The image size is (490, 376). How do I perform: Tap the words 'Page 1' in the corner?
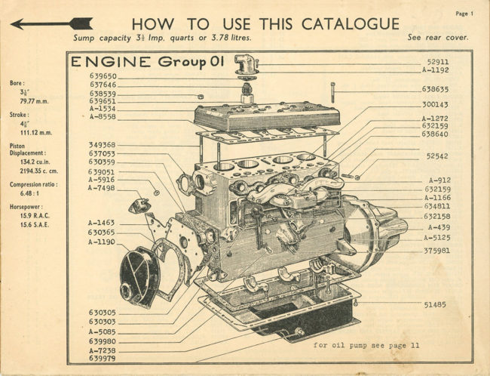click(x=465, y=14)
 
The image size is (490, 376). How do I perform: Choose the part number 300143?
click(x=437, y=105)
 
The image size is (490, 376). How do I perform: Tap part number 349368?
click(x=103, y=145)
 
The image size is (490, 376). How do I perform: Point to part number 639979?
click(x=103, y=359)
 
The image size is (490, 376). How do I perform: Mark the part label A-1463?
click(x=101, y=223)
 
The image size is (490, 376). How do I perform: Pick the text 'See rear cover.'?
click(x=437, y=37)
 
